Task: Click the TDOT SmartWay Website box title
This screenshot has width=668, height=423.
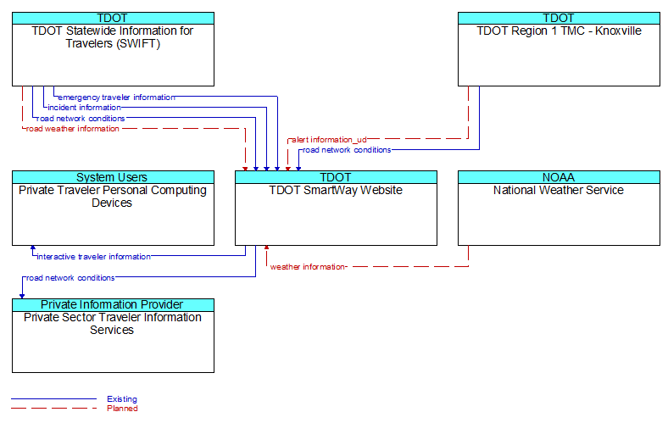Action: click(336, 190)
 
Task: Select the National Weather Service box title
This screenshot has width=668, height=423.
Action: click(559, 190)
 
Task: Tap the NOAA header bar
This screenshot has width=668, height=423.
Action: click(559, 177)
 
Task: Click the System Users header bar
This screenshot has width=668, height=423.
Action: click(113, 177)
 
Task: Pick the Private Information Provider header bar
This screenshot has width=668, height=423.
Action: click(113, 304)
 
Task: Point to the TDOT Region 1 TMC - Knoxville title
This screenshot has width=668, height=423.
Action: click(559, 31)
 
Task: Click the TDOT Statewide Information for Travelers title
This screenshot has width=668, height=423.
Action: click(113, 37)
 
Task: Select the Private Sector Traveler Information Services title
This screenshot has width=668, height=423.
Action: click(113, 324)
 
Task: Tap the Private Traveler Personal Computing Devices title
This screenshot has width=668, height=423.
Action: click(113, 197)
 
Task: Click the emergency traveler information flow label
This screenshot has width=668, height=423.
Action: click(116, 97)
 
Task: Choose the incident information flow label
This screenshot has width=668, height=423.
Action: click(85, 108)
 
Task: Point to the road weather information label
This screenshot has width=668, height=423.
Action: click(72, 129)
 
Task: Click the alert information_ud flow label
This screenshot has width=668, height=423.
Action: click(329, 139)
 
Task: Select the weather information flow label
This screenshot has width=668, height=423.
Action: click(308, 267)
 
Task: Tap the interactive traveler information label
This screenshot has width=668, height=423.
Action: click(94, 257)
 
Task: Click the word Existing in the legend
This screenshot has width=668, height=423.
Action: click(122, 399)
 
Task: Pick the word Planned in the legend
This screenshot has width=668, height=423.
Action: click(122, 409)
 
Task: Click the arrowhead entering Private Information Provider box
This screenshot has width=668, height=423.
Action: click(22, 296)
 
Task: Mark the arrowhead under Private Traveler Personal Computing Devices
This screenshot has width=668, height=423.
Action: click(33, 248)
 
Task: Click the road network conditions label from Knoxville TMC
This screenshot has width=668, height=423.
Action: click(347, 150)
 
